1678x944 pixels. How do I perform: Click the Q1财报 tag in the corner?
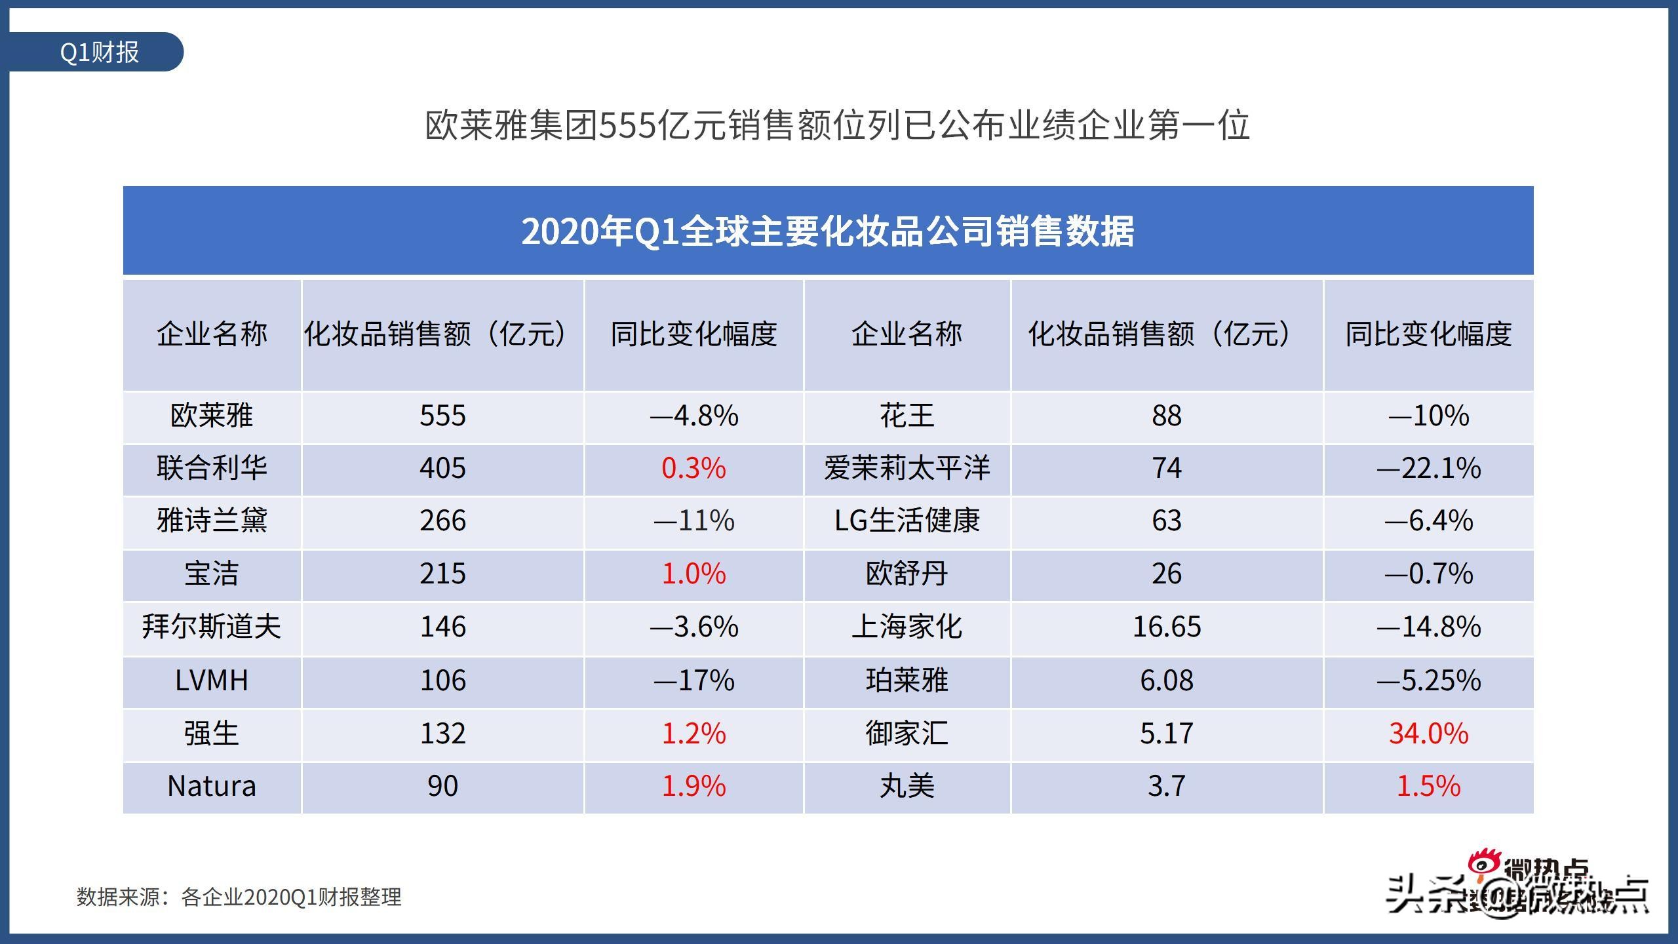tap(98, 52)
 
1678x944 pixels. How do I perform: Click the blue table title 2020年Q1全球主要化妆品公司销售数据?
tap(827, 231)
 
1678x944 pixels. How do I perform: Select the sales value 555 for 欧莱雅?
tap(442, 416)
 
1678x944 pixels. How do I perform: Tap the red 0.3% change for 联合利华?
tap(693, 468)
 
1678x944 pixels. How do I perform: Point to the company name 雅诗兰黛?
tap(212, 521)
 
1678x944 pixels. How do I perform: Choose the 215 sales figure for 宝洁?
tap(442, 574)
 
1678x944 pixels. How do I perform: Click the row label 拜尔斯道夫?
tap(212, 627)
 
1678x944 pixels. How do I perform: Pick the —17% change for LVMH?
tap(693, 680)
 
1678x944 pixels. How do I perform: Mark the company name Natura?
tap(212, 786)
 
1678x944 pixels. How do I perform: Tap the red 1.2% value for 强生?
tap(693, 734)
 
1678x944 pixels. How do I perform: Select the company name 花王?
tap(907, 416)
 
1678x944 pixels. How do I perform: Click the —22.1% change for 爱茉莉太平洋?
tap(1428, 468)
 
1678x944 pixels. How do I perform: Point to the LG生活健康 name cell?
tap(907, 521)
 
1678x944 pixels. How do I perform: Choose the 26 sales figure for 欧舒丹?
tap(1166, 574)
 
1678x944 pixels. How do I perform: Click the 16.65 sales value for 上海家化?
tap(1166, 627)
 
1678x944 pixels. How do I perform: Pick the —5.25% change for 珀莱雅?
tap(1428, 680)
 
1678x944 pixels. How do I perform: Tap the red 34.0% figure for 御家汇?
tap(1428, 734)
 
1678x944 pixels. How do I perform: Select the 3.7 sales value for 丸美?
tap(1166, 786)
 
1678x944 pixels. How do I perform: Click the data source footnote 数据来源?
tap(239, 897)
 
